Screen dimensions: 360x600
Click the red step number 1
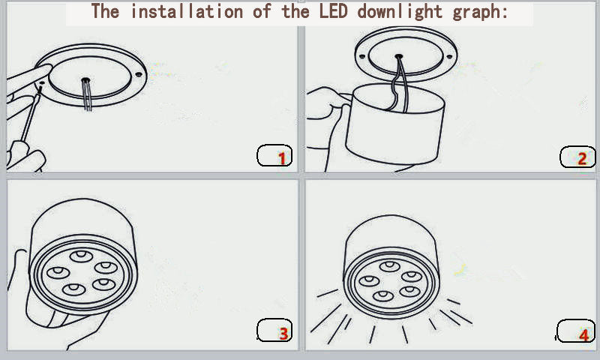pyautogui.click(x=282, y=158)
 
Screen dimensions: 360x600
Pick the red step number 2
pyautogui.click(x=582, y=158)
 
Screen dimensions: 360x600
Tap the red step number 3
pyautogui.click(x=283, y=334)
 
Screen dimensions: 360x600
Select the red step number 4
pyautogui.click(x=583, y=334)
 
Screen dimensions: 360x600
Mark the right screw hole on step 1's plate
pyautogui.click(x=138, y=74)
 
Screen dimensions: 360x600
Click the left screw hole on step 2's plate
pyautogui.click(x=363, y=56)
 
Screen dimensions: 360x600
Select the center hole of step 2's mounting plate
pyautogui.click(x=398, y=55)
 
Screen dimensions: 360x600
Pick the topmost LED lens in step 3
pyautogui.click(x=80, y=256)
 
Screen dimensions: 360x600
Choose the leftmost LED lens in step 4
pyautogui.click(x=368, y=280)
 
